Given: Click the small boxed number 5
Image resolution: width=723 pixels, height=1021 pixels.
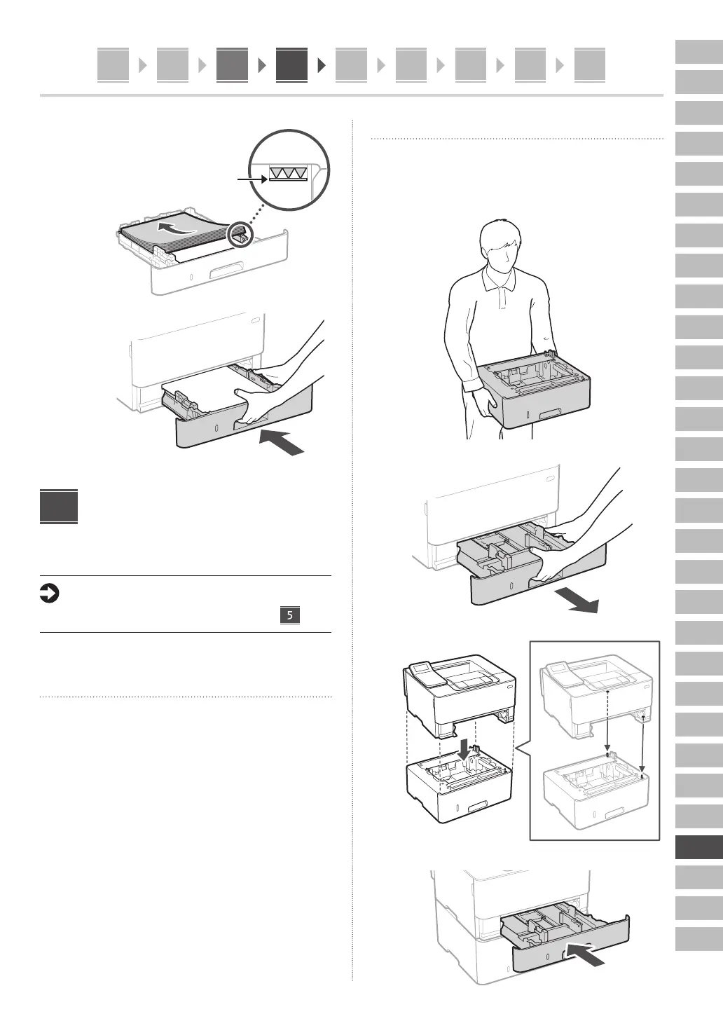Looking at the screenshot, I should [289, 615].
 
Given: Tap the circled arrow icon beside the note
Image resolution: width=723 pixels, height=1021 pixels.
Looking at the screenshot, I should [49, 594].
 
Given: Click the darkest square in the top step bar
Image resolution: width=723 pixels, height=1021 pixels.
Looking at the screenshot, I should [291, 65].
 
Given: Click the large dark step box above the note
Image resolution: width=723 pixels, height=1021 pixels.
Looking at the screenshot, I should [59, 506].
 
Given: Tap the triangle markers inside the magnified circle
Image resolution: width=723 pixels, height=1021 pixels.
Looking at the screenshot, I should [288, 173].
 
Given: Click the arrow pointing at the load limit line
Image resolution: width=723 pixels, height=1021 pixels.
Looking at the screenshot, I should [252, 180].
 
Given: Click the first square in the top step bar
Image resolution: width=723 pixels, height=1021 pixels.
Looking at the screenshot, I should [113, 65].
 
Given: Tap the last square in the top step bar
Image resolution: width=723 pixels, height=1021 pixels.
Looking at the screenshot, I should [589, 65].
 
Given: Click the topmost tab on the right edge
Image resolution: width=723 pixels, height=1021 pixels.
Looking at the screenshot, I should [698, 52].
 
